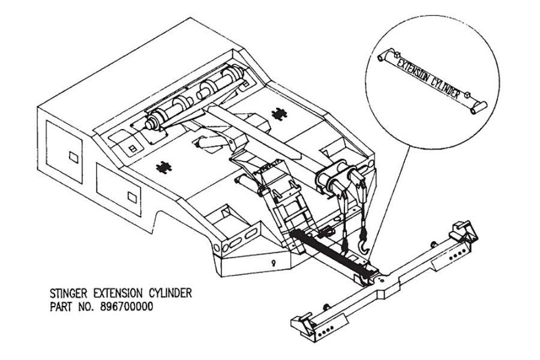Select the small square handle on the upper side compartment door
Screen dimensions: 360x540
73,158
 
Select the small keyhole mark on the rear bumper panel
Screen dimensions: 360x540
273,262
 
